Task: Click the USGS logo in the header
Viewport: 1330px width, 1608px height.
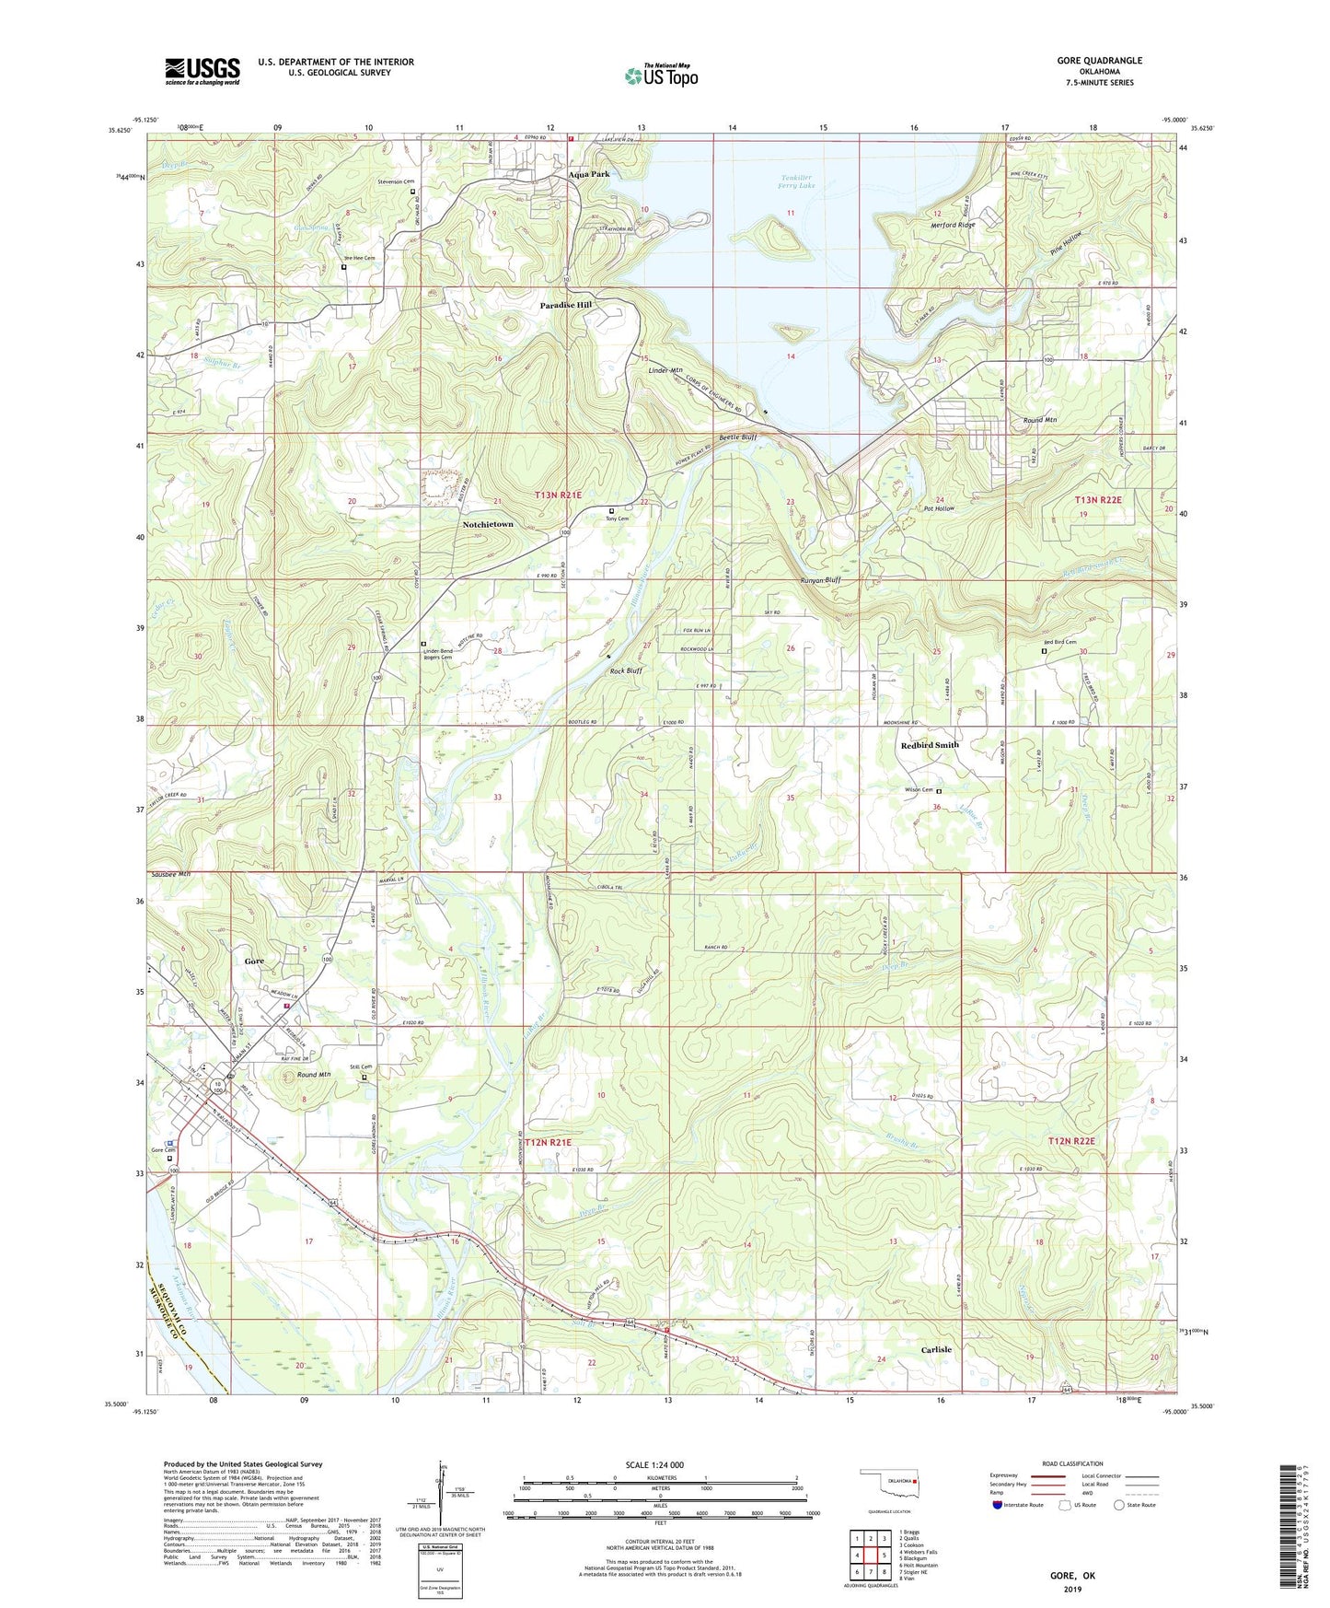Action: point(202,70)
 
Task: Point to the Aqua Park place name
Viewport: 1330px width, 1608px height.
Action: point(588,174)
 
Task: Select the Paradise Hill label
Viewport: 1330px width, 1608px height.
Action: point(565,305)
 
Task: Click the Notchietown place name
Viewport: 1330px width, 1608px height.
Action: point(488,524)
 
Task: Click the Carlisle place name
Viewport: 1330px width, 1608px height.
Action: point(936,1349)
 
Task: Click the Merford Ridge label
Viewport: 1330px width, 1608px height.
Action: point(954,226)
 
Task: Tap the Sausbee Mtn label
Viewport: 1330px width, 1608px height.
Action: point(170,874)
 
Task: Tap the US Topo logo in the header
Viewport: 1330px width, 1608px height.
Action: point(661,76)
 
